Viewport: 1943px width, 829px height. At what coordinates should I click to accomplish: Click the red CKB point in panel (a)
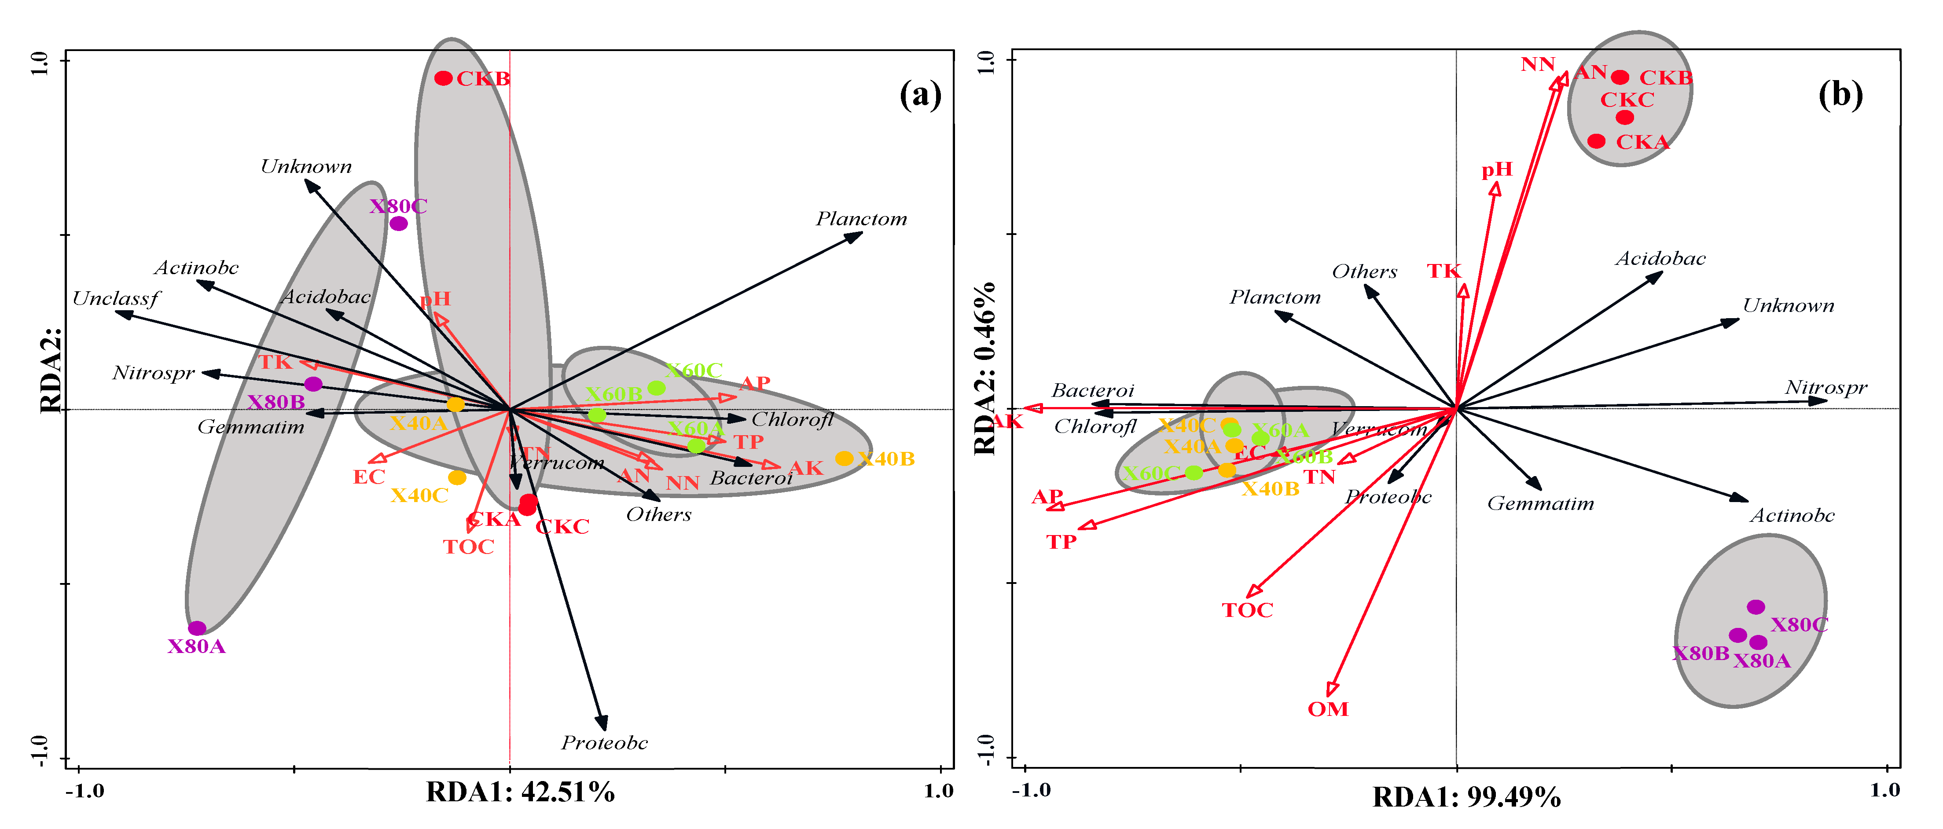pos(444,78)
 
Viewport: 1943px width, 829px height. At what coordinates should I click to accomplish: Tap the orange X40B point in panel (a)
pos(844,459)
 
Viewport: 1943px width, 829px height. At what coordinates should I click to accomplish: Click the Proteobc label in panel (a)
pos(604,743)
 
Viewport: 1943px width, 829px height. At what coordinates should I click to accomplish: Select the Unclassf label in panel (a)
pos(115,299)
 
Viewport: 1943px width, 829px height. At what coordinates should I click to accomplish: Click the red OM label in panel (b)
pos(1327,709)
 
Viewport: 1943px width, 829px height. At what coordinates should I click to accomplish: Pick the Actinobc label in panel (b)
pos(1792,516)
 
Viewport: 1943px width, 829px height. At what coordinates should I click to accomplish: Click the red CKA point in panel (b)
pos(1597,141)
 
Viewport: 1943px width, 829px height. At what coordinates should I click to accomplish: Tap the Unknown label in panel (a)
pos(306,167)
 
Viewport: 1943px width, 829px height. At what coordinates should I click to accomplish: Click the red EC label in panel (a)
pos(369,477)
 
